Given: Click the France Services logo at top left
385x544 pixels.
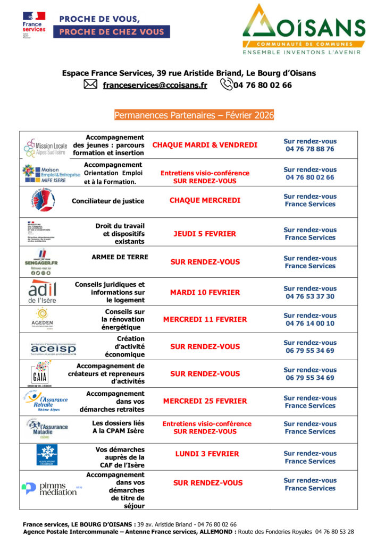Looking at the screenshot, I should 34,25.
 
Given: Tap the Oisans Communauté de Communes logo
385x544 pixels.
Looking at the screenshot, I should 304,29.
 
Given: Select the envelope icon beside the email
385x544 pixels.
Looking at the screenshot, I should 91,84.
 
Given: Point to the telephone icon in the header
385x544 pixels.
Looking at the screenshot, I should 226,84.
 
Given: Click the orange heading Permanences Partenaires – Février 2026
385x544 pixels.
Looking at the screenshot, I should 194,115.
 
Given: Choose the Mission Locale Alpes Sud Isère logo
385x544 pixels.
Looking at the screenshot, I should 46,146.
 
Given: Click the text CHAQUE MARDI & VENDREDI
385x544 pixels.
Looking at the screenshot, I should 205,145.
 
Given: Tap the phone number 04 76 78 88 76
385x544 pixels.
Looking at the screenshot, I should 309,149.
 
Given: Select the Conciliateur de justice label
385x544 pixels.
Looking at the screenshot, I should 108,201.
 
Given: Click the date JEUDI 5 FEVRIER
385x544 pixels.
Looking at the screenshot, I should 205,234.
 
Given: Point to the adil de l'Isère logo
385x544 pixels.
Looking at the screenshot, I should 43,292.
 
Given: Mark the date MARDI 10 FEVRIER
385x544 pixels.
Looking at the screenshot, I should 205,293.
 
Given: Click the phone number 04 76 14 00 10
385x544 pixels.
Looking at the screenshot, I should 309,324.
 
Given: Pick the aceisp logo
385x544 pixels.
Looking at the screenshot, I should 53,348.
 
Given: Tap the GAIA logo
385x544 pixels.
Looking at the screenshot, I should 40,373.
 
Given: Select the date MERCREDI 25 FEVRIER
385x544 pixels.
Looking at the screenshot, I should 205,401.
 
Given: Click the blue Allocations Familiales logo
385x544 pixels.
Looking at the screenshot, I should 47,455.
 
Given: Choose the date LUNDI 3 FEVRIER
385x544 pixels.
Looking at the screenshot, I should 207,454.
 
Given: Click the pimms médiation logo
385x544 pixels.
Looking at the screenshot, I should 49,488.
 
